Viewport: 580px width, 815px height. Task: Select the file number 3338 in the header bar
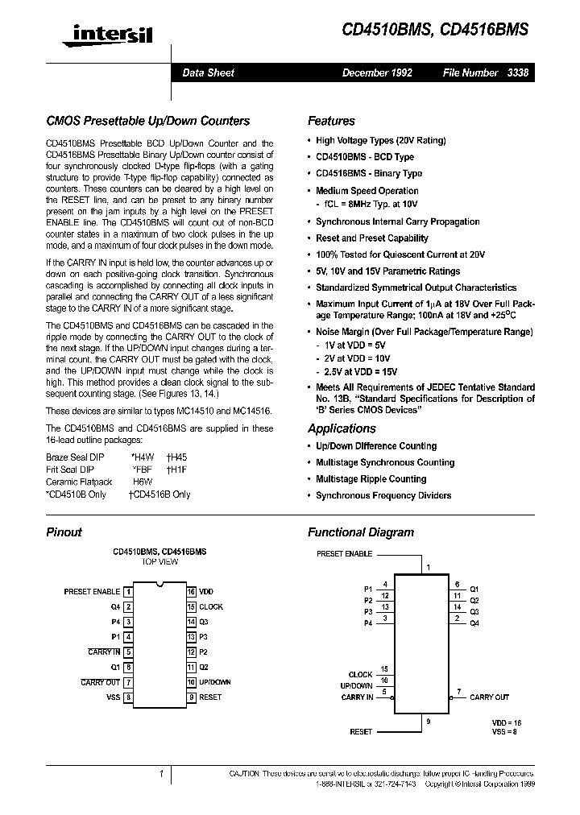point(518,72)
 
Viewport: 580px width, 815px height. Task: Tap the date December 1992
point(377,72)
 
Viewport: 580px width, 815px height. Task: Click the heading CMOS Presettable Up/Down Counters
point(147,121)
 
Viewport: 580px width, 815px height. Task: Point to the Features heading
point(331,121)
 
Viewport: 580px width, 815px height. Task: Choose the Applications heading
point(342,428)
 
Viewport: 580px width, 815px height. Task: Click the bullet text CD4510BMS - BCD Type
point(364,157)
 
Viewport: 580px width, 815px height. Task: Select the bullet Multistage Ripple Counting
point(371,479)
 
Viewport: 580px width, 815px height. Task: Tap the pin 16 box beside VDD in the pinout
point(191,592)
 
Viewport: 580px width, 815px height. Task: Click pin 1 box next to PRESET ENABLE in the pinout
point(128,592)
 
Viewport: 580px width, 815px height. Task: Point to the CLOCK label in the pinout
point(211,607)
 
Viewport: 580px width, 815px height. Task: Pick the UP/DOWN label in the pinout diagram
point(215,682)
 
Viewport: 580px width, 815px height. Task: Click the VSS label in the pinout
point(113,697)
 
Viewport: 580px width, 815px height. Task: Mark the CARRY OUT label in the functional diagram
point(489,697)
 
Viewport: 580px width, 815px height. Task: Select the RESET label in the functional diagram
point(361,731)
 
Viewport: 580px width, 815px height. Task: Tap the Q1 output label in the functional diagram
point(474,588)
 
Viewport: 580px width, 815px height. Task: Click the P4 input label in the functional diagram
point(368,623)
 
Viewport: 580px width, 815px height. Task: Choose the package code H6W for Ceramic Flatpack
point(142,482)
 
